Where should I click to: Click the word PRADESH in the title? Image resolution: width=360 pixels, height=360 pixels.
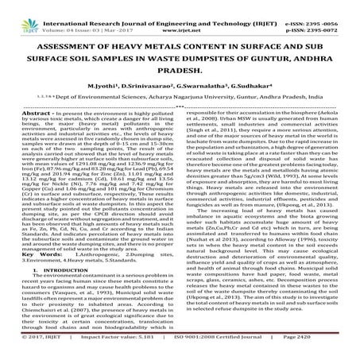[181, 67]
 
